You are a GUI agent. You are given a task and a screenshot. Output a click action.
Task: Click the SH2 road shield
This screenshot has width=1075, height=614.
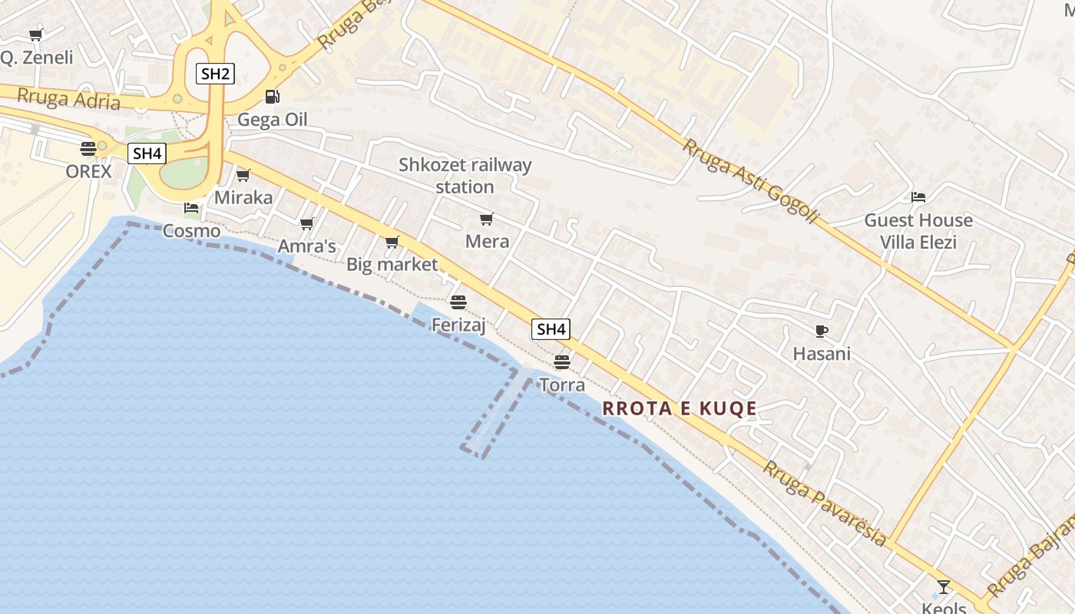tap(214, 74)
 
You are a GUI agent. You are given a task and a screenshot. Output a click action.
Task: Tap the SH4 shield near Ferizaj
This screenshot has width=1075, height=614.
tap(551, 329)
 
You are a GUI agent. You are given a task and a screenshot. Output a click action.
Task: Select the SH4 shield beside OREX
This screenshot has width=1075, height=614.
tap(147, 153)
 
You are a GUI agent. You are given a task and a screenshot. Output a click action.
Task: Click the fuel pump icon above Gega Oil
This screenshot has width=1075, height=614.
tap(272, 97)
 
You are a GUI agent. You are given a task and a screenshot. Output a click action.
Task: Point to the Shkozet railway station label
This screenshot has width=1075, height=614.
tap(465, 176)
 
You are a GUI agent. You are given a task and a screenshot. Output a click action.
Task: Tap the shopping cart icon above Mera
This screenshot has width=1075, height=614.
tap(486, 220)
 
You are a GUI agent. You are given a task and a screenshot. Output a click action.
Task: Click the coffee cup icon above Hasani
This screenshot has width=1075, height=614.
tap(821, 332)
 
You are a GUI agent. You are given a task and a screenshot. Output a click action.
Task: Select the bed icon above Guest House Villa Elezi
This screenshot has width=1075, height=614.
tap(918, 197)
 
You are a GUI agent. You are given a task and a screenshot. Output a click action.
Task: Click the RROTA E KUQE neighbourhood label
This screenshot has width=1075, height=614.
tap(680, 408)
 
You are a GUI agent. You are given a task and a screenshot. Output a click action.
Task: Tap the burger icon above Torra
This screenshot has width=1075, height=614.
tap(562, 361)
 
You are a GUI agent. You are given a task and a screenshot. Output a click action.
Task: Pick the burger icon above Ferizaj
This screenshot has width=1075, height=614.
tap(458, 302)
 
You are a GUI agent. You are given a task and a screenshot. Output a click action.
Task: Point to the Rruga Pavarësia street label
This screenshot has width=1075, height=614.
tap(824, 502)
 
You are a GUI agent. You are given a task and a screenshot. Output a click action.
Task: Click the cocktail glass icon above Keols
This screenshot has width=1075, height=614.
tap(944, 587)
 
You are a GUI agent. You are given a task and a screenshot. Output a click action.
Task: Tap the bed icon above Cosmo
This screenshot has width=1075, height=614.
tap(191, 207)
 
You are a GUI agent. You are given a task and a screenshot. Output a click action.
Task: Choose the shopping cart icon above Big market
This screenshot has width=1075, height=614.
tap(392, 243)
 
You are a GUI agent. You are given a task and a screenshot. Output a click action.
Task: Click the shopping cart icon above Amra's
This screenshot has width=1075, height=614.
tap(307, 224)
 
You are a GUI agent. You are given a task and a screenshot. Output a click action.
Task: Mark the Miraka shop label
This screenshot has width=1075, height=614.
tap(243, 197)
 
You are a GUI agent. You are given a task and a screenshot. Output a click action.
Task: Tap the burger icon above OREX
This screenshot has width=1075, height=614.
tap(88, 149)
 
